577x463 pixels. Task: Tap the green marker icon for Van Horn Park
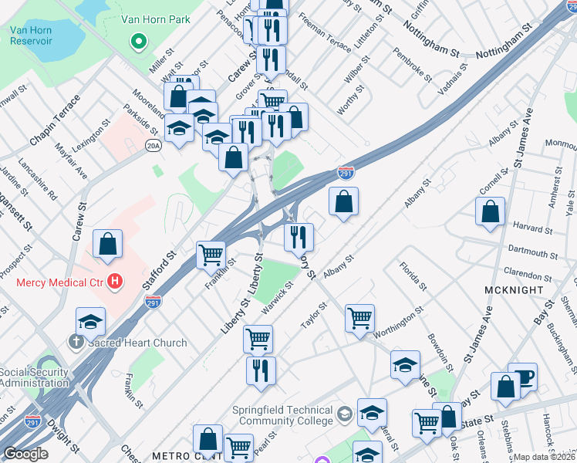[x=140, y=42]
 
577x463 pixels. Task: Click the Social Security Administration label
[x=33, y=377]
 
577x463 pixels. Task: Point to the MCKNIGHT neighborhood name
[x=510, y=289]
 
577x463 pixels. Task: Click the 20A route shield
[x=154, y=145]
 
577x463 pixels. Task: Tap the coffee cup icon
[x=523, y=377]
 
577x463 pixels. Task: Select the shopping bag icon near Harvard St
[x=490, y=212]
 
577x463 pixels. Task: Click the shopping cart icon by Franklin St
[x=211, y=254]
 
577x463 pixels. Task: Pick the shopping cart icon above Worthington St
[x=359, y=317]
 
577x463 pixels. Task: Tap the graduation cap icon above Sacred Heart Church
[x=90, y=321]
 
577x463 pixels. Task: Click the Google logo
[x=25, y=454]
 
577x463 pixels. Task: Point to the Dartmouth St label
[x=533, y=252]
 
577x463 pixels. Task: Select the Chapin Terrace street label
[x=55, y=121]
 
